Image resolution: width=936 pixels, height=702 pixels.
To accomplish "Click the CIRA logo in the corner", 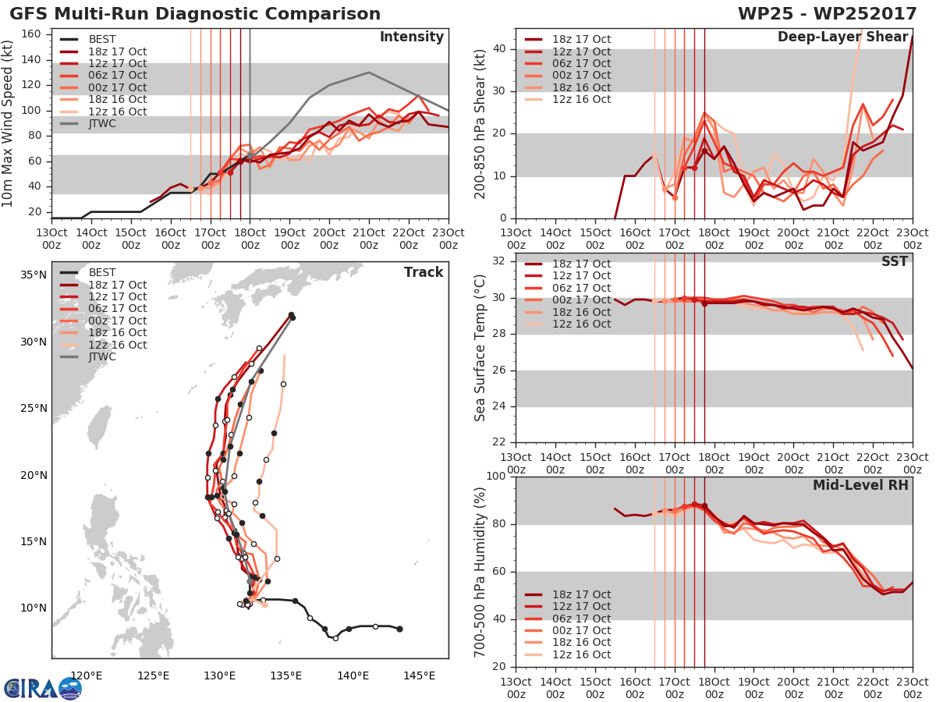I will pos(42,687).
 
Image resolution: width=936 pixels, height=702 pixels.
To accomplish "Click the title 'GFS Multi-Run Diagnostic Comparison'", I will pos(195,14).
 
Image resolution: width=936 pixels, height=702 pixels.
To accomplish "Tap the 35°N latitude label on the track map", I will pos(34,275).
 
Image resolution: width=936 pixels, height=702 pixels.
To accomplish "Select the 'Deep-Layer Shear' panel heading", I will pos(842,37).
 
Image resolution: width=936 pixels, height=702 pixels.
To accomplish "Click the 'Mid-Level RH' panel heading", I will pos(860,485).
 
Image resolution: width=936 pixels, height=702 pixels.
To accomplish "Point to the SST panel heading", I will pos(894,261).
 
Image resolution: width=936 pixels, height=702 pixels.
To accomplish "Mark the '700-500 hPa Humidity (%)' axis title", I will pos(481,571).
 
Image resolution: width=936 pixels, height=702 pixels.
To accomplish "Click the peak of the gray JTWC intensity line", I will pos(368,73).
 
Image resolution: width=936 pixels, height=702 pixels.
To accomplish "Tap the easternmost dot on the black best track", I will pos(399,629).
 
